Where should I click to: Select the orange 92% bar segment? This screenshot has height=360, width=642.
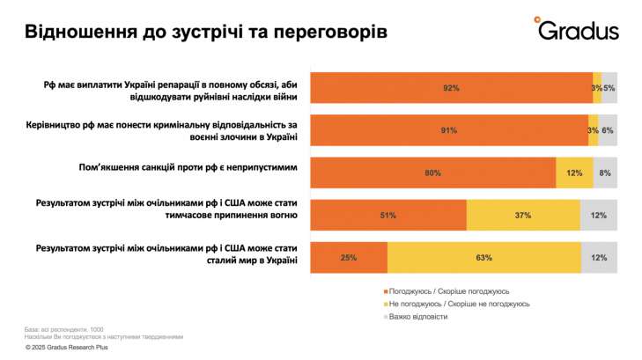coord(451,88)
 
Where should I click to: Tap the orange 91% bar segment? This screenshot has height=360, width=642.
coord(449,130)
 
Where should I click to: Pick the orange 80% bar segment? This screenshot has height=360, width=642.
coord(432,173)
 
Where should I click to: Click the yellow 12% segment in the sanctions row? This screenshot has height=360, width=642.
coord(574,173)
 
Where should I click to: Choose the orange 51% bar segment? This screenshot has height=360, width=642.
coord(388,215)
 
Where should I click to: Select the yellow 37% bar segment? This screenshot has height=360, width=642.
coord(523,215)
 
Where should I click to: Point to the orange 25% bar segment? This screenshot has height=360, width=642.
coord(349,257)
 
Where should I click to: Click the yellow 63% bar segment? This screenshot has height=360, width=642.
coord(483,257)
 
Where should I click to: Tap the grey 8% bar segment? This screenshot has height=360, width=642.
coord(605,173)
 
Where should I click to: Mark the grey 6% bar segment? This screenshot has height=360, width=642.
coord(608,130)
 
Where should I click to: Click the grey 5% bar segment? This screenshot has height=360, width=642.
coord(609,88)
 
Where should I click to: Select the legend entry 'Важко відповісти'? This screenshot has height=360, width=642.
coord(418,316)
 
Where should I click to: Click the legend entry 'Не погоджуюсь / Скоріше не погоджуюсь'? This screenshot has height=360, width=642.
coord(457,304)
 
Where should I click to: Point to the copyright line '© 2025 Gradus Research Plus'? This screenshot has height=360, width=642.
coord(72,348)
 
